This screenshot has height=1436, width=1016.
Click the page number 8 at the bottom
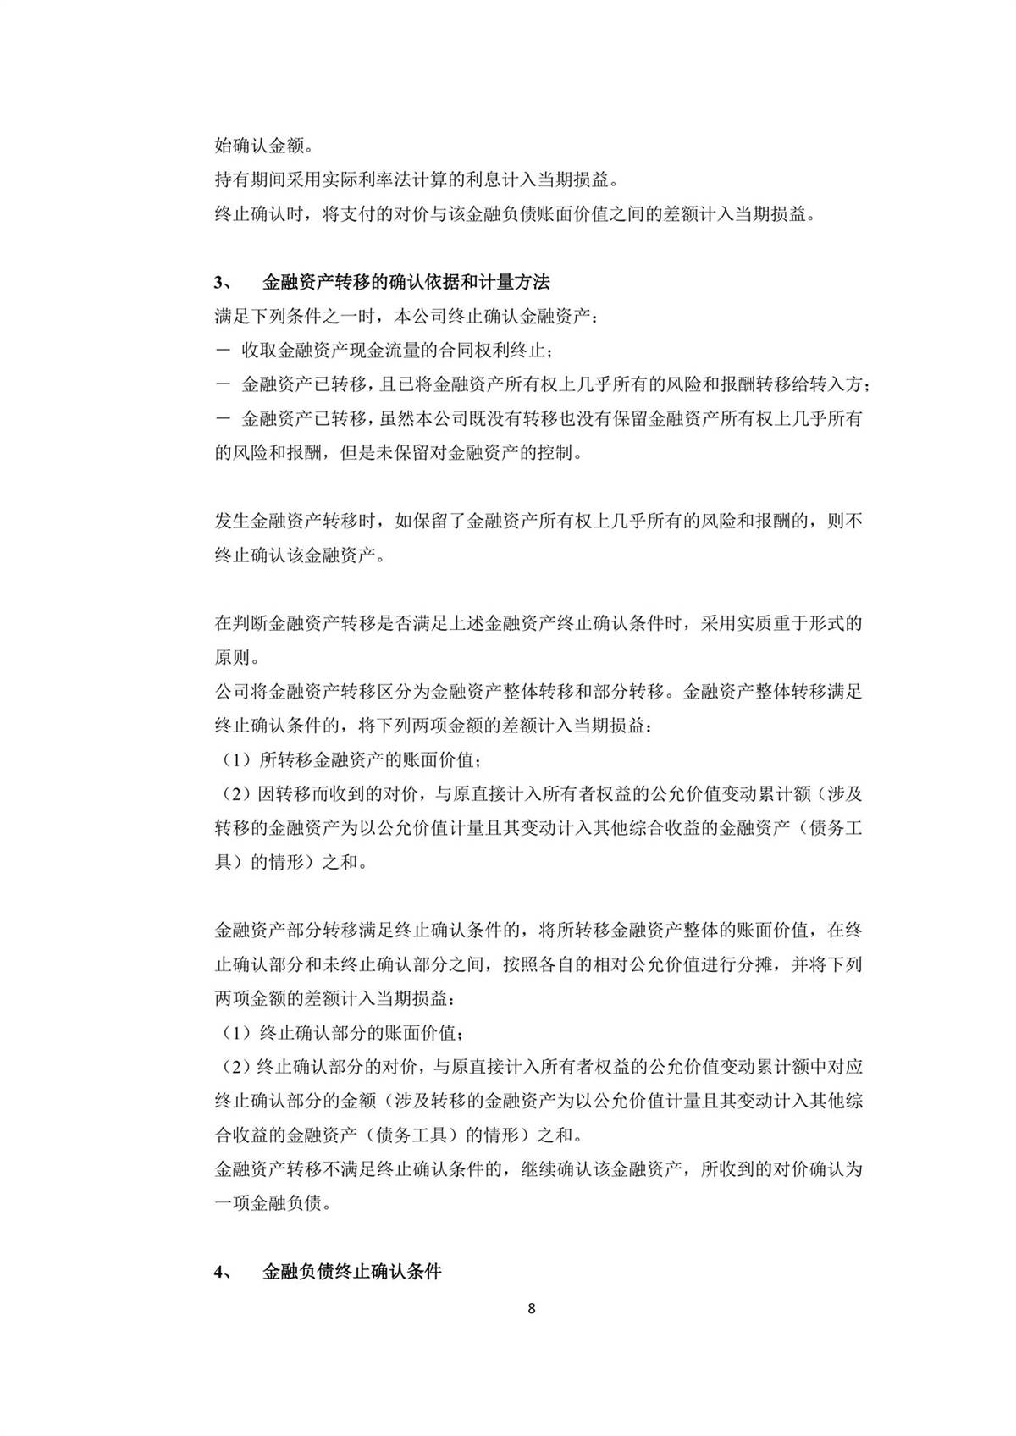531,1308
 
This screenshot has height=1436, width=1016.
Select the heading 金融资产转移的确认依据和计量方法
406,281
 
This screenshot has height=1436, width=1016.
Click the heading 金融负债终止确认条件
352,1272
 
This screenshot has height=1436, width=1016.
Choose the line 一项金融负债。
273,1203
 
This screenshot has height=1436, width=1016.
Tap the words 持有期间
242,179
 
